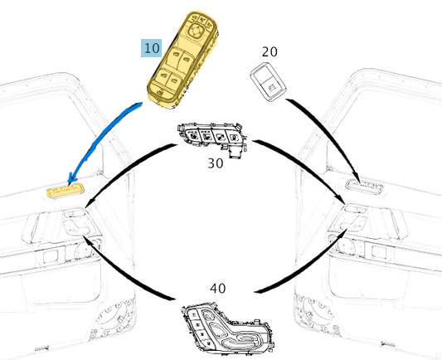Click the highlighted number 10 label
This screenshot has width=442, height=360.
coord(152,48)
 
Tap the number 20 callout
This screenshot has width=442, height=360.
coord(270,51)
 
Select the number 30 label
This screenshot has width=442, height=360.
coord(216,163)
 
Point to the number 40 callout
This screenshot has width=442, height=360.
coord(217,289)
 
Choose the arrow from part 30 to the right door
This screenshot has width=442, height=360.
coord(307,166)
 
